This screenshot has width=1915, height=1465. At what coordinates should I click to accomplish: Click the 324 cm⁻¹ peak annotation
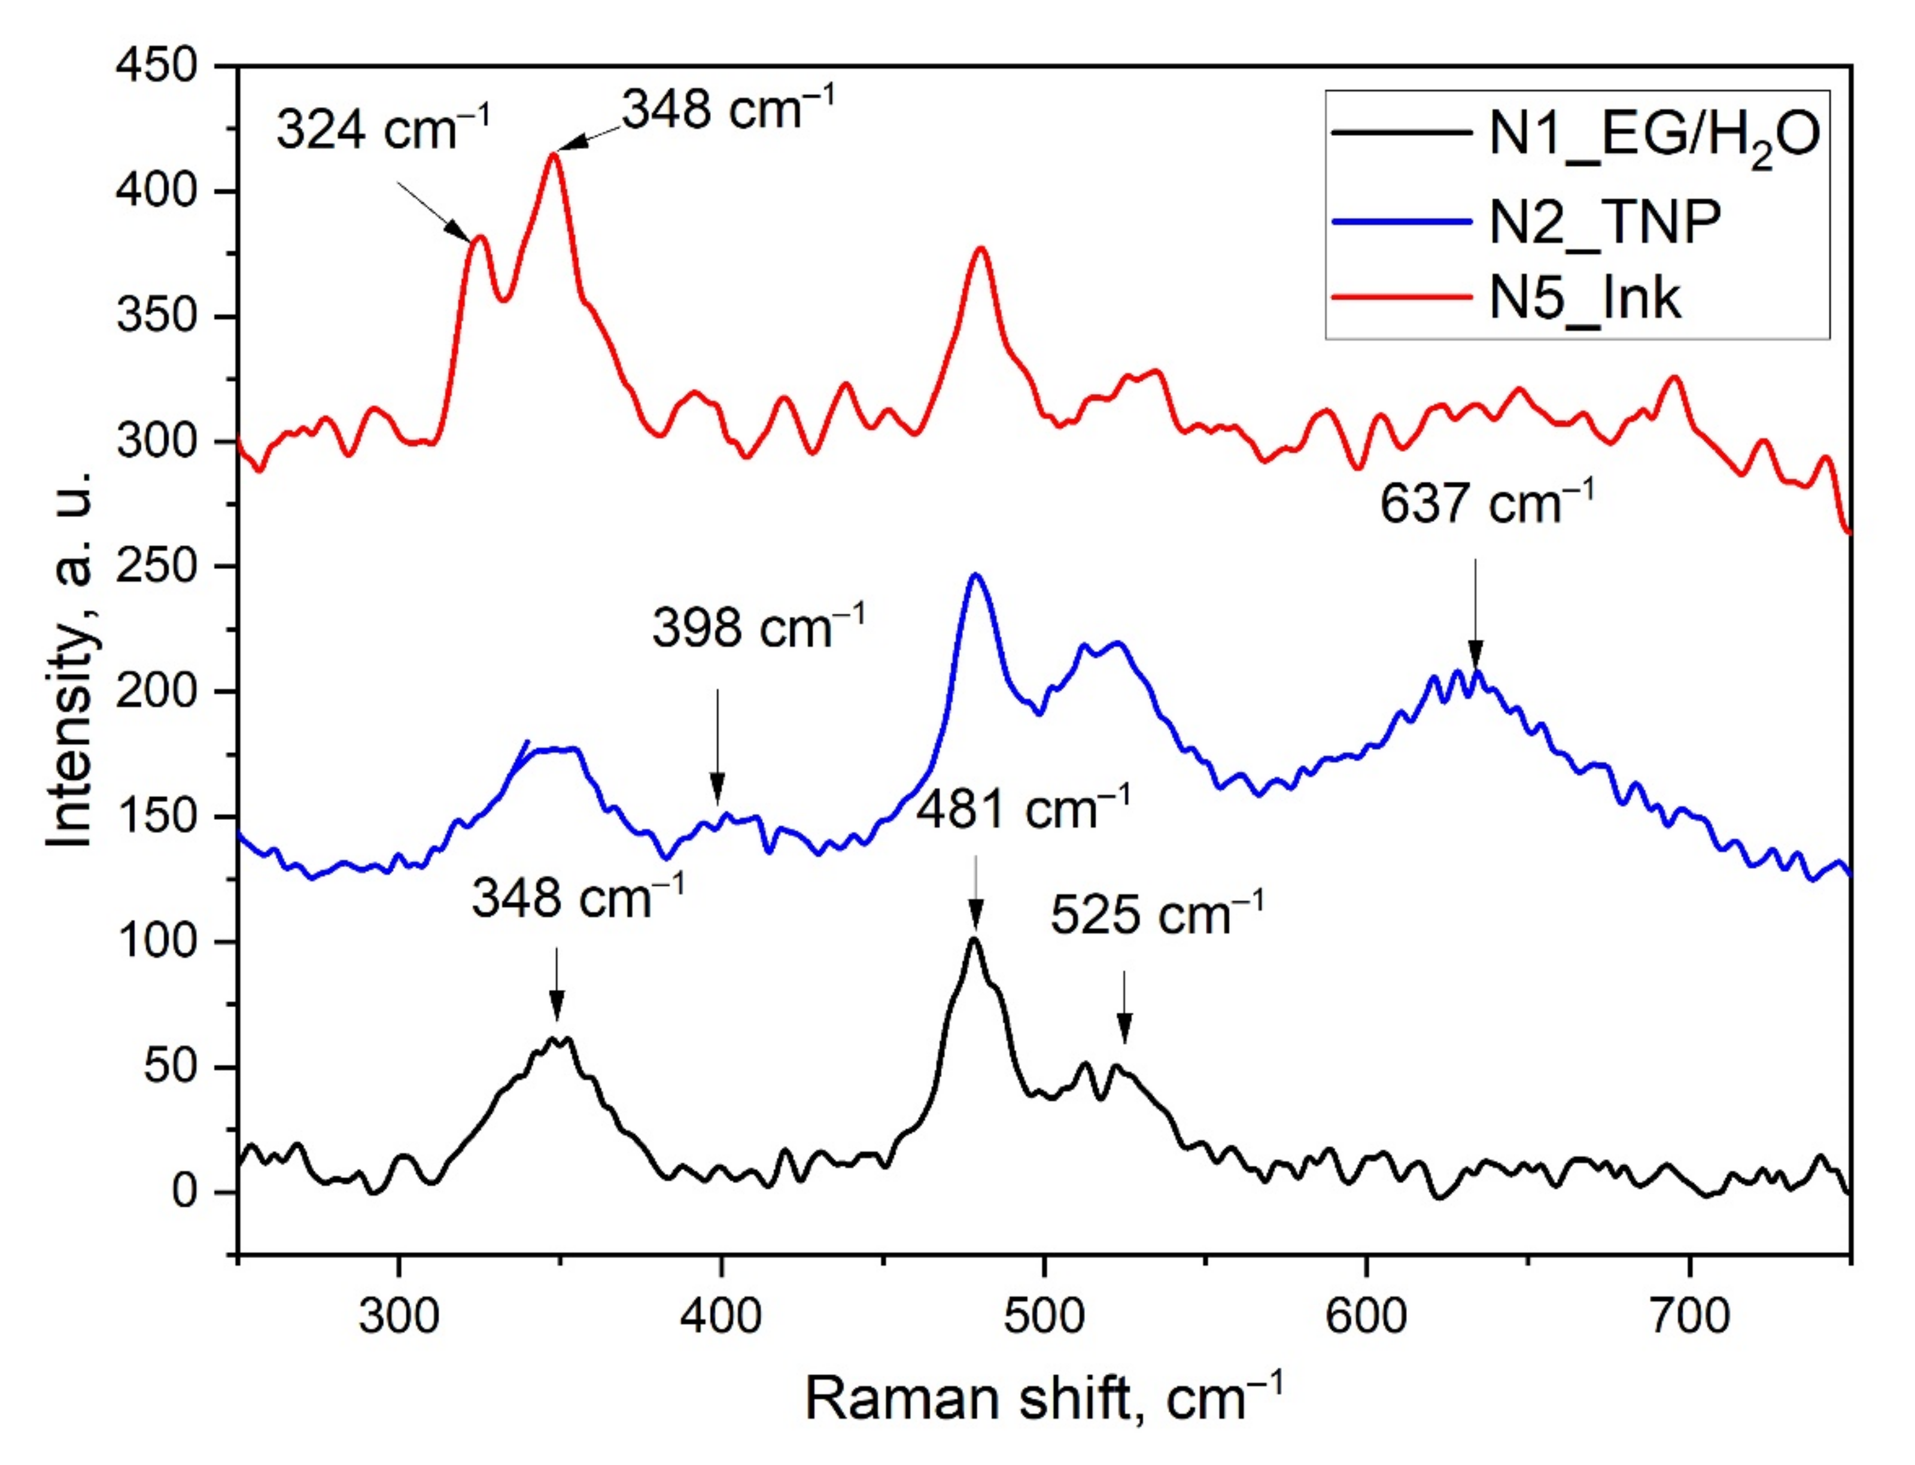tap(383, 129)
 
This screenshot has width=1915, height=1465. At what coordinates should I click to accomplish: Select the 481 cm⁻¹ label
tap(1022, 809)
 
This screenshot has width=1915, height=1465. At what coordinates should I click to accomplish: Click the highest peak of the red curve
tap(553, 154)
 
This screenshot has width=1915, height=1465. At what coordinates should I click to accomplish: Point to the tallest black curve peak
tap(974, 939)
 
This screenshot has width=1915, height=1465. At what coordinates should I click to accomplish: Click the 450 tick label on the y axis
tap(157, 65)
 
